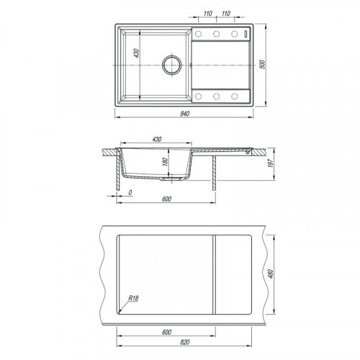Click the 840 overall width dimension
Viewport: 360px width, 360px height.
(x=184, y=114)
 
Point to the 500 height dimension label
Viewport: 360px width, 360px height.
(x=263, y=65)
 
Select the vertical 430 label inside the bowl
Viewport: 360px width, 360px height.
(x=136, y=53)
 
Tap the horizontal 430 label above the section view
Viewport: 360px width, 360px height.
(x=157, y=139)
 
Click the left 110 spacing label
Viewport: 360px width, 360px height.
(x=208, y=14)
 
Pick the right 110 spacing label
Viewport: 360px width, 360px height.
(x=226, y=14)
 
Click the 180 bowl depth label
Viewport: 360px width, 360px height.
(x=165, y=162)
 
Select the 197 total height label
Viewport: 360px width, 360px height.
(x=271, y=163)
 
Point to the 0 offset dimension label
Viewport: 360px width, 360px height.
(x=130, y=192)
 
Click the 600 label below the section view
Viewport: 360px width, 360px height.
(x=166, y=199)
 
